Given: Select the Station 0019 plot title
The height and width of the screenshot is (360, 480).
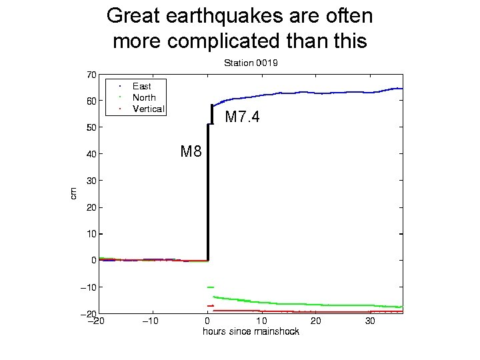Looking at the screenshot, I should point(250,63).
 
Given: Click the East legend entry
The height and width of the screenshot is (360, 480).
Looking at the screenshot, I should point(141,86).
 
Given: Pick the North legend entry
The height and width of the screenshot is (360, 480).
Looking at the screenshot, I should point(144,97).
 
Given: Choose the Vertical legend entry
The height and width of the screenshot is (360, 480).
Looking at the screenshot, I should point(148,109).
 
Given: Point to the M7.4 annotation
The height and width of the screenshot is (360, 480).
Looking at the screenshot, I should point(242,118).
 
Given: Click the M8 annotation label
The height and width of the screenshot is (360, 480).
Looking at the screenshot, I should point(191,151).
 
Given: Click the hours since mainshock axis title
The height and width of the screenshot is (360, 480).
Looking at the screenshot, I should point(251,331).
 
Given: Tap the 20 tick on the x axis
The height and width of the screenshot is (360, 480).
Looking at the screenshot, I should point(317,321).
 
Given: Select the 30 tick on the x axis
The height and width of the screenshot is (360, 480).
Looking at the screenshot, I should point(371,321).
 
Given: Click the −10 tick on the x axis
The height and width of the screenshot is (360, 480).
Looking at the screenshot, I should point(152,321).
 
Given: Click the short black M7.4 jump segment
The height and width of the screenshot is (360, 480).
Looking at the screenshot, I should point(212,114).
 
